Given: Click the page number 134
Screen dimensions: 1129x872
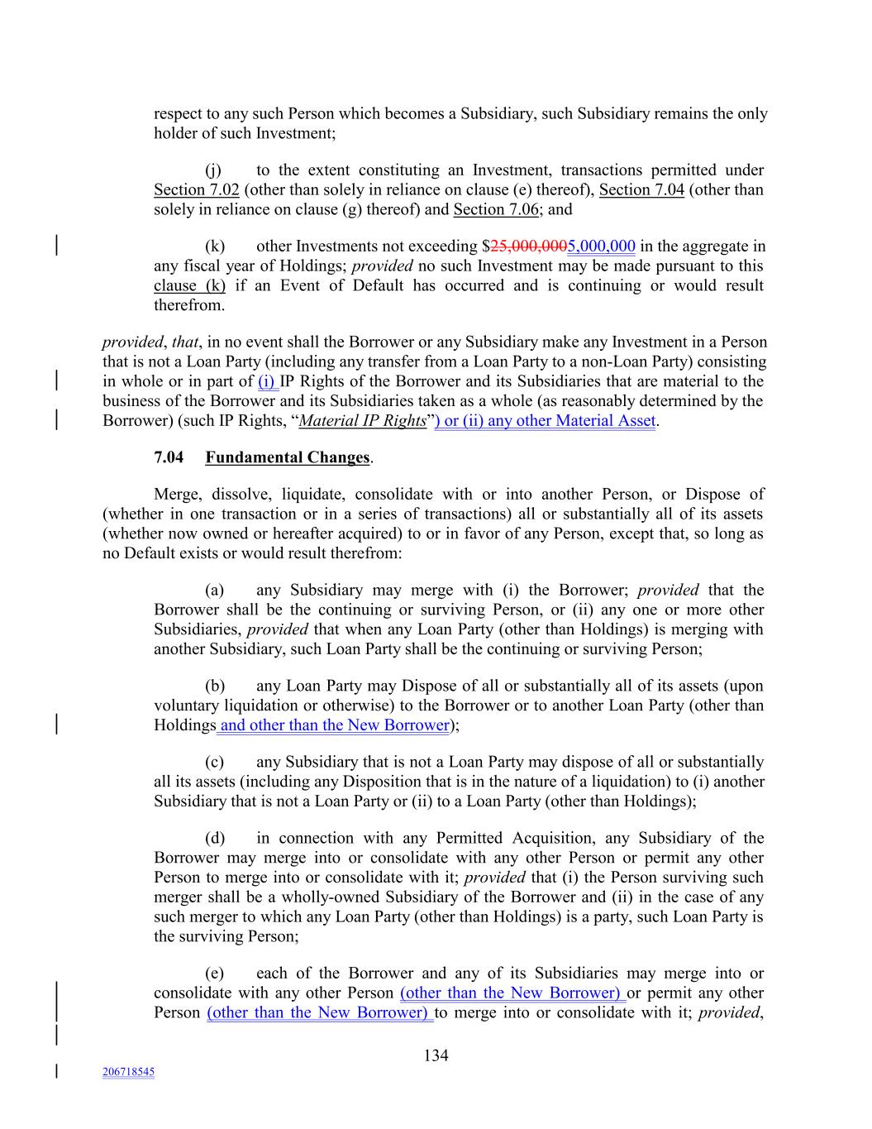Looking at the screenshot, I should pyautogui.click(x=436, y=1055).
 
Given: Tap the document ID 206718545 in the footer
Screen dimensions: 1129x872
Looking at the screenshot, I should pyautogui.click(x=128, y=1072).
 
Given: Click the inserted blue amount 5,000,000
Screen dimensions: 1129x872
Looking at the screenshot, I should pyautogui.click(x=601, y=246).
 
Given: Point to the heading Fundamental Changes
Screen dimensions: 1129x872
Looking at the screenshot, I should pyautogui.click(x=287, y=457).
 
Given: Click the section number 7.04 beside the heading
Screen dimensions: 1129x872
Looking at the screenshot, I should pyautogui.click(x=169, y=457).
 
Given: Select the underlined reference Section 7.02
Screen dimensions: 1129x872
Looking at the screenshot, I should pyautogui.click(x=196, y=190).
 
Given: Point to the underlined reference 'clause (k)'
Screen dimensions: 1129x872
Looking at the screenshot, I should pyautogui.click(x=189, y=286).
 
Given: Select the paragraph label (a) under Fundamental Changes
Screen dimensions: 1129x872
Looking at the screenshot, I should pyautogui.click(x=214, y=591).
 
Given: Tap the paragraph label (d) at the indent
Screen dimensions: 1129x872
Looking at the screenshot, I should pyautogui.click(x=214, y=839).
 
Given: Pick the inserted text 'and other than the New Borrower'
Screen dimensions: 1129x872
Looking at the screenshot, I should pyautogui.click(x=334, y=725).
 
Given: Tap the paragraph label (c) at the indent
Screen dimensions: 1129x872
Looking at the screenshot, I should pyautogui.click(x=214, y=763).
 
